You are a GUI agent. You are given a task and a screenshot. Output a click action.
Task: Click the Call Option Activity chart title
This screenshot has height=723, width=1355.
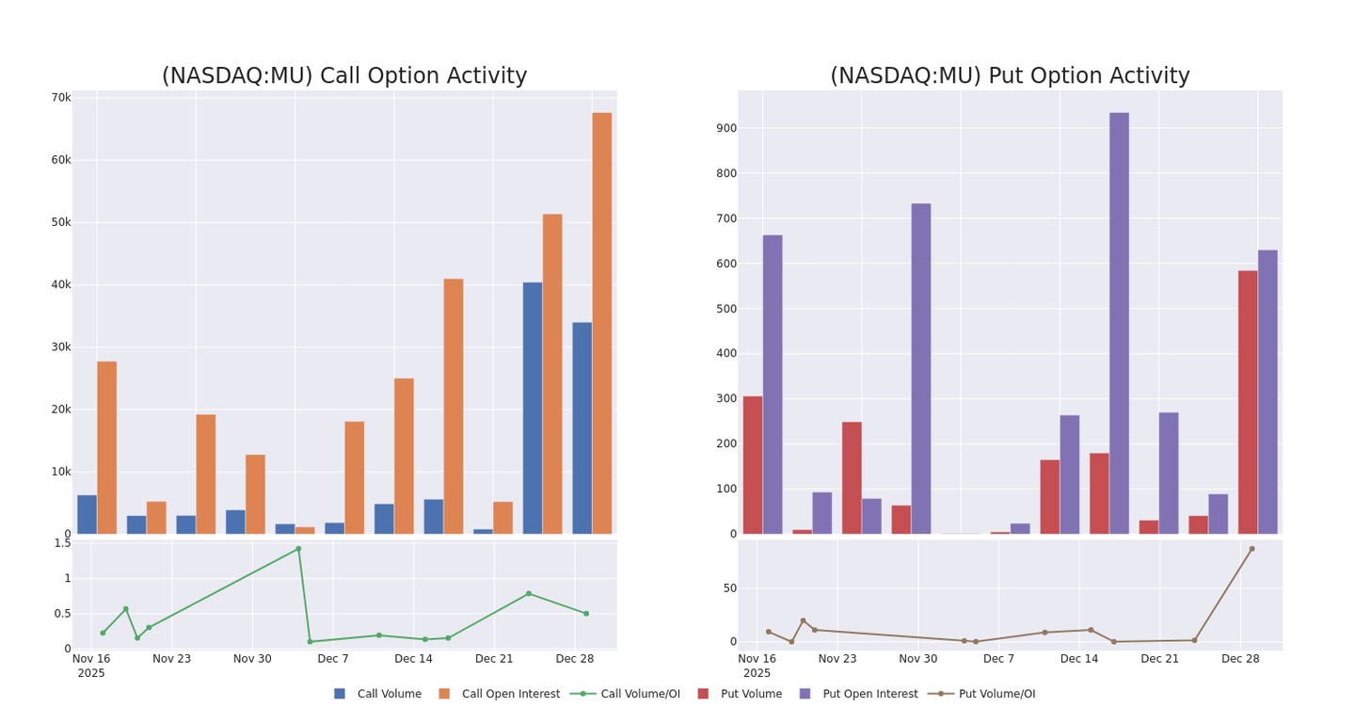pyautogui.click(x=343, y=76)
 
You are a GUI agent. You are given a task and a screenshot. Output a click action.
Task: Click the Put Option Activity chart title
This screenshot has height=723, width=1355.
pyautogui.click(x=1009, y=76)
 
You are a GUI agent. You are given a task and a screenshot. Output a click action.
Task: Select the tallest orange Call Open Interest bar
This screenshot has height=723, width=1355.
pyautogui.click(x=601, y=323)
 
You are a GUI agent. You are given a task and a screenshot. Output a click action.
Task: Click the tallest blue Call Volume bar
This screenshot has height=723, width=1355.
pyautogui.click(x=533, y=408)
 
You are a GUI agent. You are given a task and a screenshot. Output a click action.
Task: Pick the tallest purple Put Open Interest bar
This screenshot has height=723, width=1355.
pyautogui.click(x=1119, y=323)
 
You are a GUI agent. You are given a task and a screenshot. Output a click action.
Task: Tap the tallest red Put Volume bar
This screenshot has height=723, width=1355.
pyautogui.click(x=1248, y=402)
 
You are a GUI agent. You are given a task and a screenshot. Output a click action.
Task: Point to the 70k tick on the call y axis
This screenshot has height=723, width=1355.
pyautogui.click(x=61, y=98)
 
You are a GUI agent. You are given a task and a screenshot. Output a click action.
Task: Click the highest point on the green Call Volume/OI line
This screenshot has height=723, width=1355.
pyautogui.click(x=298, y=549)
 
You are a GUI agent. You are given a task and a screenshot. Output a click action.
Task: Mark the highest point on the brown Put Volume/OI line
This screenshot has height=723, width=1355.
pyautogui.click(x=1251, y=549)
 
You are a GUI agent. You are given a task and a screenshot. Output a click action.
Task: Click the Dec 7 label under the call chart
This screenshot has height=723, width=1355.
pyautogui.click(x=333, y=659)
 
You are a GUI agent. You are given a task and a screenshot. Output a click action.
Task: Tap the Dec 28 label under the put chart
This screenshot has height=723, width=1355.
pyautogui.click(x=1240, y=659)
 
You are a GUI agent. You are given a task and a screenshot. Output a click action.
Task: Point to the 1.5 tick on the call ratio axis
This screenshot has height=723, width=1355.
pyautogui.click(x=62, y=543)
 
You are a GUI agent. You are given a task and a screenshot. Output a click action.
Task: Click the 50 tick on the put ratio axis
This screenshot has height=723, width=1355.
pyautogui.click(x=730, y=588)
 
